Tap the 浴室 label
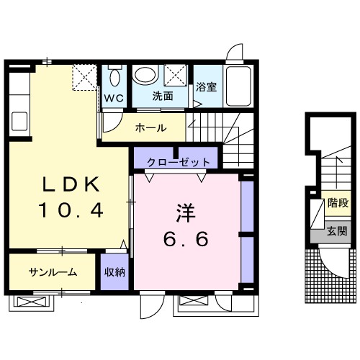206,87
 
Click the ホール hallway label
151,128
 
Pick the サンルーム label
53,272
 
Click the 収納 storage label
114,272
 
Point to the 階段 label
336,204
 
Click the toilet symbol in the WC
114,76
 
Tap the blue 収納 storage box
114,271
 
